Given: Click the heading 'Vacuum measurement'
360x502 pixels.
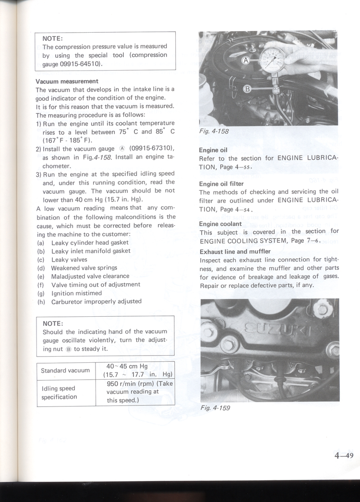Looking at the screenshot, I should pos(67,81).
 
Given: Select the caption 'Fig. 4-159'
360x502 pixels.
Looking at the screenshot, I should pos(215,408).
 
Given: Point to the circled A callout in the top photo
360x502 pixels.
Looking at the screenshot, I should pos(245,60).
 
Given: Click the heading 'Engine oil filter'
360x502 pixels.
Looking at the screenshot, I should pos(221,184).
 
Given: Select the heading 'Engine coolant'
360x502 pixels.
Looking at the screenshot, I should pos(220,224).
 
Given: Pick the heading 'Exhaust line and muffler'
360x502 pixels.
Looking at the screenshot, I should pos(235,251).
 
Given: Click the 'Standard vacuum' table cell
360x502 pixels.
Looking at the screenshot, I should pos(65,370).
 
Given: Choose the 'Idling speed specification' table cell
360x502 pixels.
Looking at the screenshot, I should pos(59,393).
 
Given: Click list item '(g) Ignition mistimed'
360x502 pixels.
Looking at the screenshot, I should pos(70,293).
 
